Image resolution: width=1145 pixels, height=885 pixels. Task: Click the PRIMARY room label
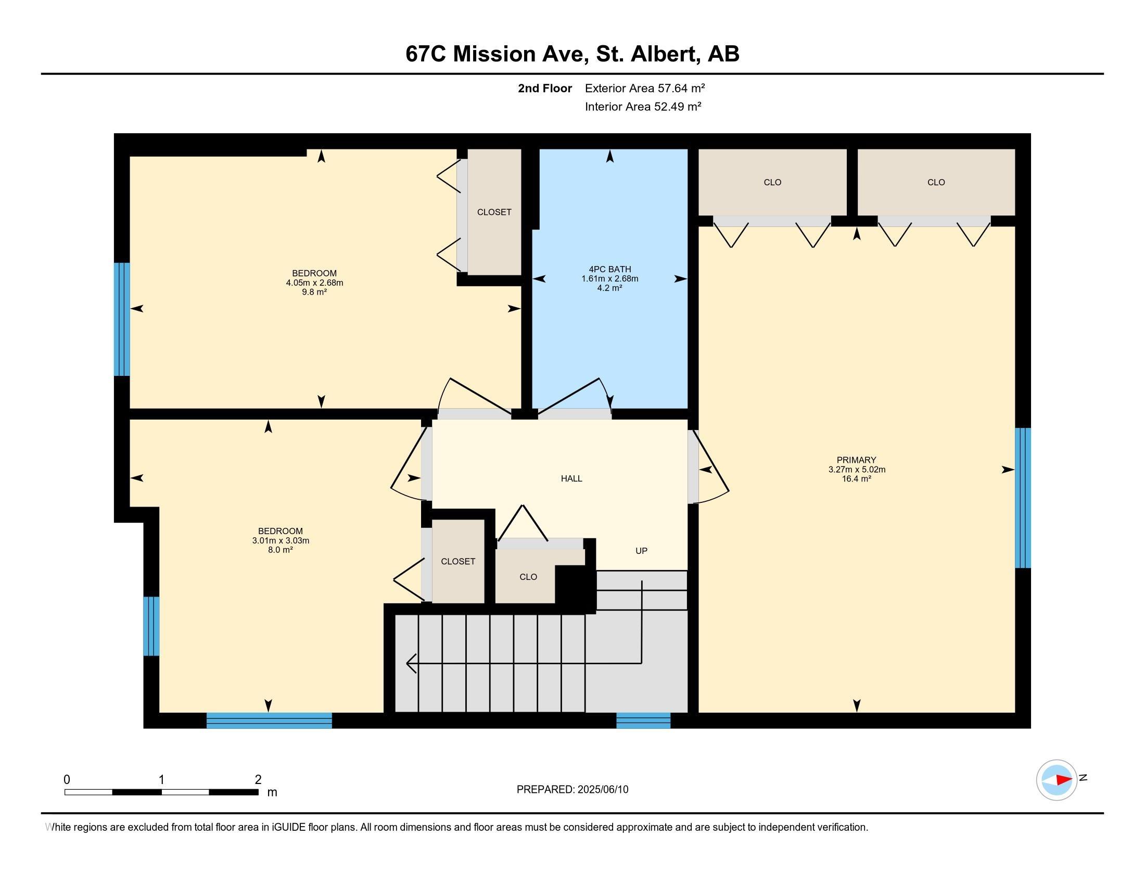pos(856,460)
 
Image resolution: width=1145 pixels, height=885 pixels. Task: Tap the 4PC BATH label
pos(610,270)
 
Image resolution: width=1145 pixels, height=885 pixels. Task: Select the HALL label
pos(571,478)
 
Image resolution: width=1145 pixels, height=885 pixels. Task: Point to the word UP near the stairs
pos(641,550)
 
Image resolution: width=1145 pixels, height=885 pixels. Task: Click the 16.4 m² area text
pos(856,478)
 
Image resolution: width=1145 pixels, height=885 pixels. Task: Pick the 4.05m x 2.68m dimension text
pos(314,283)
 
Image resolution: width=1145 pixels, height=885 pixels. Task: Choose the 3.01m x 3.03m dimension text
pos(281,540)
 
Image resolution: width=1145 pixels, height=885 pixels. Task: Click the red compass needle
pos(1064,780)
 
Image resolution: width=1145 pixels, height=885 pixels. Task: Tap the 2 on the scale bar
pos(258,780)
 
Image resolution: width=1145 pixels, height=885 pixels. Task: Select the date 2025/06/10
pos(602,790)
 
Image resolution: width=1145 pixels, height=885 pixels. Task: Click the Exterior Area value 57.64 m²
pos(681,88)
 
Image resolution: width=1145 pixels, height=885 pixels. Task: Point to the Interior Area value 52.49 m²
pos(677,106)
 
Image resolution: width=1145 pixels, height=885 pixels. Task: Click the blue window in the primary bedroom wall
pos(1023,498)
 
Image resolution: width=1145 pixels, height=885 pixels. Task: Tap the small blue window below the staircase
pos(643,720)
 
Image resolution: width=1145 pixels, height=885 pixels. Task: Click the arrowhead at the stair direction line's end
pos(411,663)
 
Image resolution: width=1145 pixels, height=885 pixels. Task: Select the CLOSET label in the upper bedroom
pos(494,212)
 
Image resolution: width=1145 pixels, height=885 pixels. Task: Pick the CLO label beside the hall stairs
pos(528,577)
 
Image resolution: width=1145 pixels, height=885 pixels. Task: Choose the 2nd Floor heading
pos(545,88)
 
